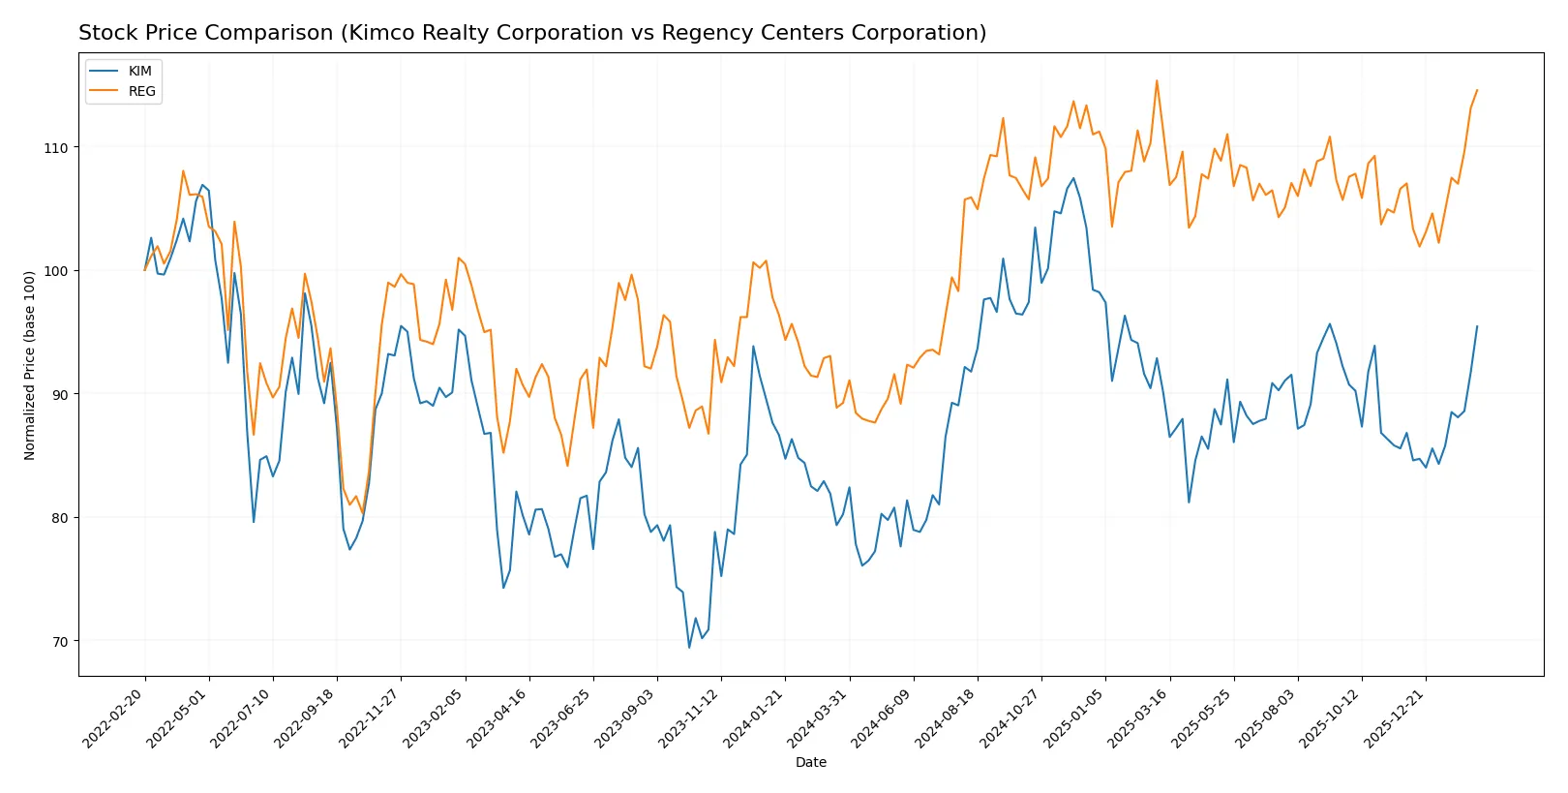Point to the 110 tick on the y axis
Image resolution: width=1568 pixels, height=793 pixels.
(56, 148)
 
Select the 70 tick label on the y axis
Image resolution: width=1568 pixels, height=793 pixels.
(60, 641)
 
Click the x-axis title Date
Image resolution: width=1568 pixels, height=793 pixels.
(810, 762)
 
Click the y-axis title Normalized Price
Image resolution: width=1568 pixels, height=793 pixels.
(30, 365)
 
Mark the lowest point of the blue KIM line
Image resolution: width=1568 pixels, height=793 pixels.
(689, 648)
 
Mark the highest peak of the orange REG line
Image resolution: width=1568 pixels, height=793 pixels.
(1157, 80)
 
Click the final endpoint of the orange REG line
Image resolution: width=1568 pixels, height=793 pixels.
(1477, 90)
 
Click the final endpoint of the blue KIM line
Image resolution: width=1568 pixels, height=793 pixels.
(1477, 326)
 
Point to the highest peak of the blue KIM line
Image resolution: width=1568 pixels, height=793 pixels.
(1073, 177)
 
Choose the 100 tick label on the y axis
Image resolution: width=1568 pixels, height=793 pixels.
(56, 271)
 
